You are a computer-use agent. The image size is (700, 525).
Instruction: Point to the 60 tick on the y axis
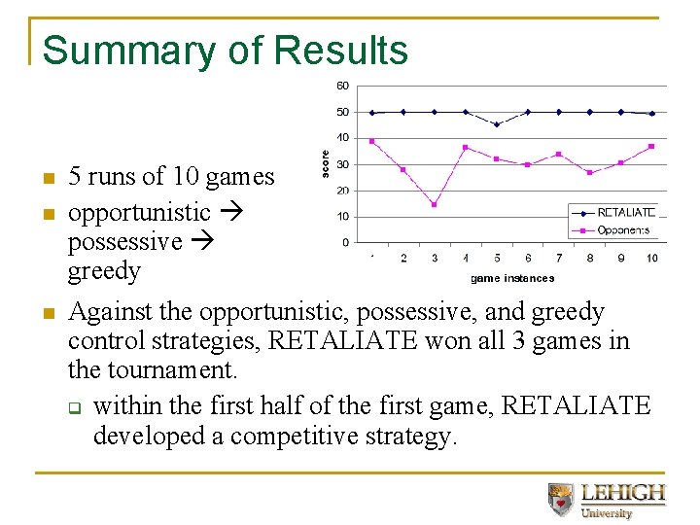pyautogui.click(x=342, y=86)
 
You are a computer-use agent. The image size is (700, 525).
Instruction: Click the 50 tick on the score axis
pyautogui.click(x=342, y=112)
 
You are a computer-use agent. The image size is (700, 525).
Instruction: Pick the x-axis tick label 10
pyautogui.click(x=652, y=258)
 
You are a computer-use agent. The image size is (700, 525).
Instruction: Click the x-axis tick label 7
pyautogui.click(x=559, y=258)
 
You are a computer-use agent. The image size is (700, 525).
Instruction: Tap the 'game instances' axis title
pyautogui.click(x=512, y=278)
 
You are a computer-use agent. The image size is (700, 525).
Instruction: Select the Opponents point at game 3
pyautogui.click(x=435, y=204)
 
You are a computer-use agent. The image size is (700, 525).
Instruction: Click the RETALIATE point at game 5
pyautogui.click(x=497, y=124)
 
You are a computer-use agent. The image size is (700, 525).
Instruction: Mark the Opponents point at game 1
pyautogui.click(x=372, y=141)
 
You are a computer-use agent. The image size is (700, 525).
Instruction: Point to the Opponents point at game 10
pyautogui.click(x=652, y=147)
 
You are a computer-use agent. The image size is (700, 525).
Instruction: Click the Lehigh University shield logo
pyautogui.click(x=561, y=499)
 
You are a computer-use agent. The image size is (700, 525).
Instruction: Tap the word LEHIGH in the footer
pyautogui.click(x=623, y=492)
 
